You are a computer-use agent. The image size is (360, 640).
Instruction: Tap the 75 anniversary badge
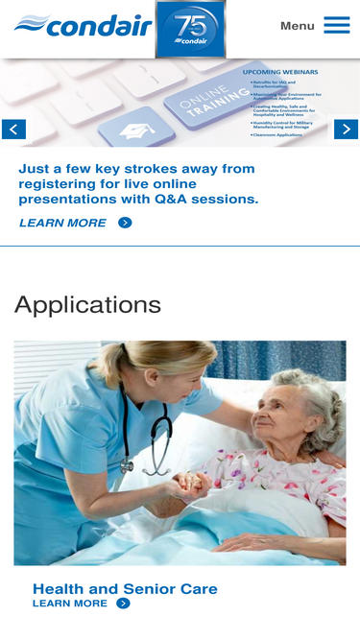click(x=190, y=29)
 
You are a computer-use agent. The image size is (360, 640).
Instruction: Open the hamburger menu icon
click(x=336, y=25)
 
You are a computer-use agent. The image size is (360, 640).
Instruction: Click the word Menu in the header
click(x=297, y=26)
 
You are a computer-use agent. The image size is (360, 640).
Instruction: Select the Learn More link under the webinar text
click(x=62, y=223)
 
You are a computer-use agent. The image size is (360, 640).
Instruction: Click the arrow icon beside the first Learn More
click(x=125, y=223)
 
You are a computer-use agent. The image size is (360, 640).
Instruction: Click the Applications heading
click(x=87, y=305)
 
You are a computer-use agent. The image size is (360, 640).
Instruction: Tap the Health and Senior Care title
click(x=125, y=588)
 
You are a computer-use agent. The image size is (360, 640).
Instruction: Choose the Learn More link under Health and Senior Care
click(x=70, y=604)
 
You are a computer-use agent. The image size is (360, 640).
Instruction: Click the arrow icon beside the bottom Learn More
click(x=123, y=604)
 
